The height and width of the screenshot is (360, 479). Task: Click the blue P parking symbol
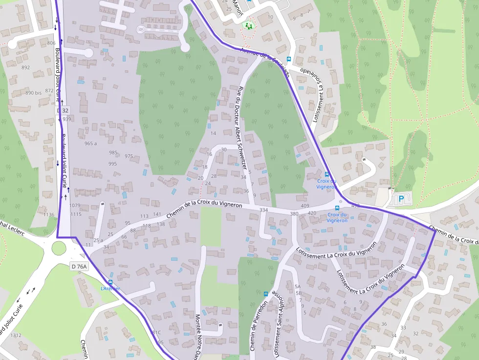pyautogui.click(x=401, y=199)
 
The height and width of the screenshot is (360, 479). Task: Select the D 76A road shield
pyautogui.click(x=78, y=266)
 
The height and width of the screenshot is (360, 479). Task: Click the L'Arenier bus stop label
pyautogui.click(x=110, y=289)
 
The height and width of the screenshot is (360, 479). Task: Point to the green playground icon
pyautogui.click(x=249, y=25)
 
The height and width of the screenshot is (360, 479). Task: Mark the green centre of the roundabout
pyautogui.click(x=59, y=248)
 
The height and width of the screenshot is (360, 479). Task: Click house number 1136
pyautogui.click(x=49, y=214)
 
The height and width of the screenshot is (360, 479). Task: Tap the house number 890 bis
pyautogui.click(x=33, y=93)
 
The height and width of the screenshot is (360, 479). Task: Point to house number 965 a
pyautogui.click(x=90, y=144)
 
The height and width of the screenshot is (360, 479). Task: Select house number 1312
pyautogui.click(x=16, y=336)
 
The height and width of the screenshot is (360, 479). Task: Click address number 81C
pyautogui.click(x=156, y=333)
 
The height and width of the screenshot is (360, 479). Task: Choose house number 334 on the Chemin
pyautogui.click(x=264, y=210)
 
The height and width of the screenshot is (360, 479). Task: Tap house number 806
pyautogui.click(x=51, y=43)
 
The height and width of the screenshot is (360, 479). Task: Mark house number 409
pyautogui.click(x=305, y=206)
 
